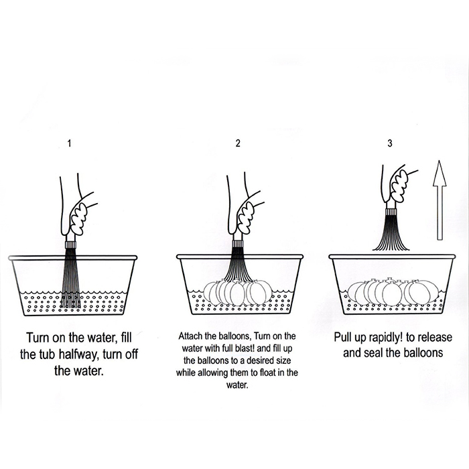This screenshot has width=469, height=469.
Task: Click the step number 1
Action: click(x=70, y=143)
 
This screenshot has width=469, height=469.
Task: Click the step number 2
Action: click(x=238, y=143)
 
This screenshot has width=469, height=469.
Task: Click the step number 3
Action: click(x=390, y=143)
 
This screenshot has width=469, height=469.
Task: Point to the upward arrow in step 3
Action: click(x=440, y=200)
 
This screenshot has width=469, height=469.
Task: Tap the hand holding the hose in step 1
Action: click(x=77, y=209)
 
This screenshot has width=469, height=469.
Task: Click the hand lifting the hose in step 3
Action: click(x=398, y=186)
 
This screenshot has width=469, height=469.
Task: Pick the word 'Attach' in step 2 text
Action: click(x=190, y=336)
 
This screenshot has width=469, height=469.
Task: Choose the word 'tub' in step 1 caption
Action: click(x=47, y=354)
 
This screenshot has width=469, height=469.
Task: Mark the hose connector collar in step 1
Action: click(x=70, y=245)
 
